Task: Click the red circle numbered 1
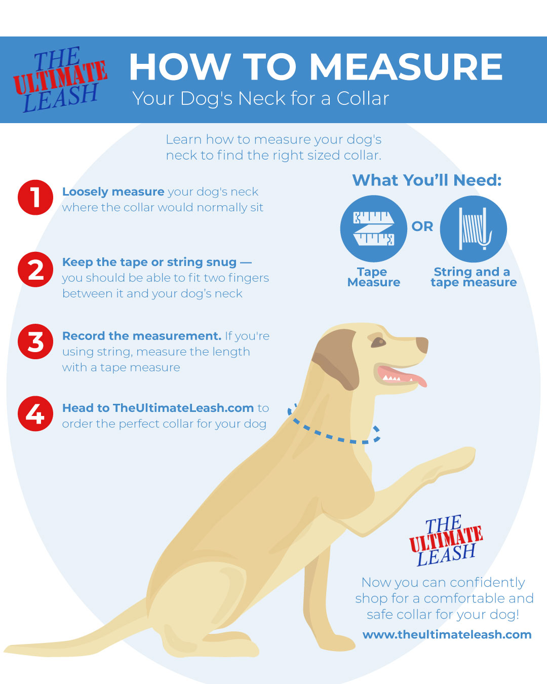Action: pyautogui.click(x=35, y=198)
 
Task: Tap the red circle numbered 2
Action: pyautogui.click(x=35, y=270)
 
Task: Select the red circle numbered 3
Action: pyautogui.click(x=35, y=341)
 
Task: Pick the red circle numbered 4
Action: pyautogui.click(x=35, y=413)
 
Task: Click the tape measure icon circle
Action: pyautogui.click(x=373, y=229)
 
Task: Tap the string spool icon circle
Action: pyautogui.click(x=473, y=229)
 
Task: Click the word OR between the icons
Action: pyautogui.click(x=422, y=226)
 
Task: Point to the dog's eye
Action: pyautogui.click(x=378, y=343)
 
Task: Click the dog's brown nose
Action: pyautogui.click(x=422, y=345)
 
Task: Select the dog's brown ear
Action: pyautogui.click(x=337, y=358)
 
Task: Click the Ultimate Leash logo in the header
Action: pyautogui.click(x=60, y=80)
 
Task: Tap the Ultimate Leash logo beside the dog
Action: pyautogui.click(x=446, y=541)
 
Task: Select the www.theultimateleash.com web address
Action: pyautogui.click(x=447, y=635)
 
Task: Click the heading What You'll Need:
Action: pyautogui.click(x=427, y=180)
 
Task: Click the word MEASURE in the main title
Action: pyautogui.click(x=406, y=67)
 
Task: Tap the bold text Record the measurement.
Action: pyautogui.click(x=142, y=336)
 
